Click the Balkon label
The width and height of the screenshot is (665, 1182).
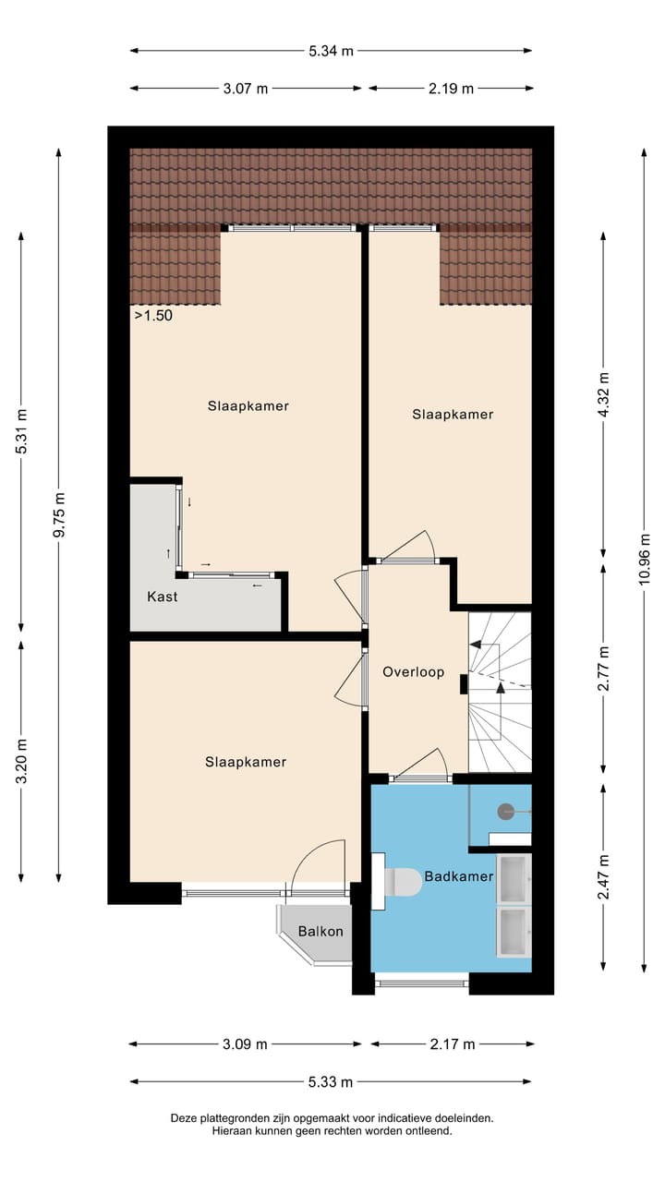coord(320,931)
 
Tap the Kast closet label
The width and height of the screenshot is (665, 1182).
coord(163,597)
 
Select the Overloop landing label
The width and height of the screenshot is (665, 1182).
coord(414,672)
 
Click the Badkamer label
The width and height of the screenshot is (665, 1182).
coord(459,875)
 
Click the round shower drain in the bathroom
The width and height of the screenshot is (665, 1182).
coord(505,812)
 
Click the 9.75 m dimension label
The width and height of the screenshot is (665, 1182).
coord(59,514)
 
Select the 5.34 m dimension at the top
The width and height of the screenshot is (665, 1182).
coord(331,51)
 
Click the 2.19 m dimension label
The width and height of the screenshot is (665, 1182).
coord(451,89)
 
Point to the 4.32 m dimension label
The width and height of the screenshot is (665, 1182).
coord(604,395)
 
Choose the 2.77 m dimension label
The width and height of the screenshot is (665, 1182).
coord(604,670)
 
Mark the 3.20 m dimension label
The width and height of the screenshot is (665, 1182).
coord(22,761)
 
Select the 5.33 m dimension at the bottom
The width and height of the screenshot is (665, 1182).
coord(331,1081)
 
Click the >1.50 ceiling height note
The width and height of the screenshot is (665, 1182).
coord(153,315)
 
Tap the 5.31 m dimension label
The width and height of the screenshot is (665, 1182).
coord(22,430)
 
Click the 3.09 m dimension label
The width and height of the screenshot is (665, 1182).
coord(245,1044)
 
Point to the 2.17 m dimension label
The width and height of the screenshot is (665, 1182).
coord(453,1044)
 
